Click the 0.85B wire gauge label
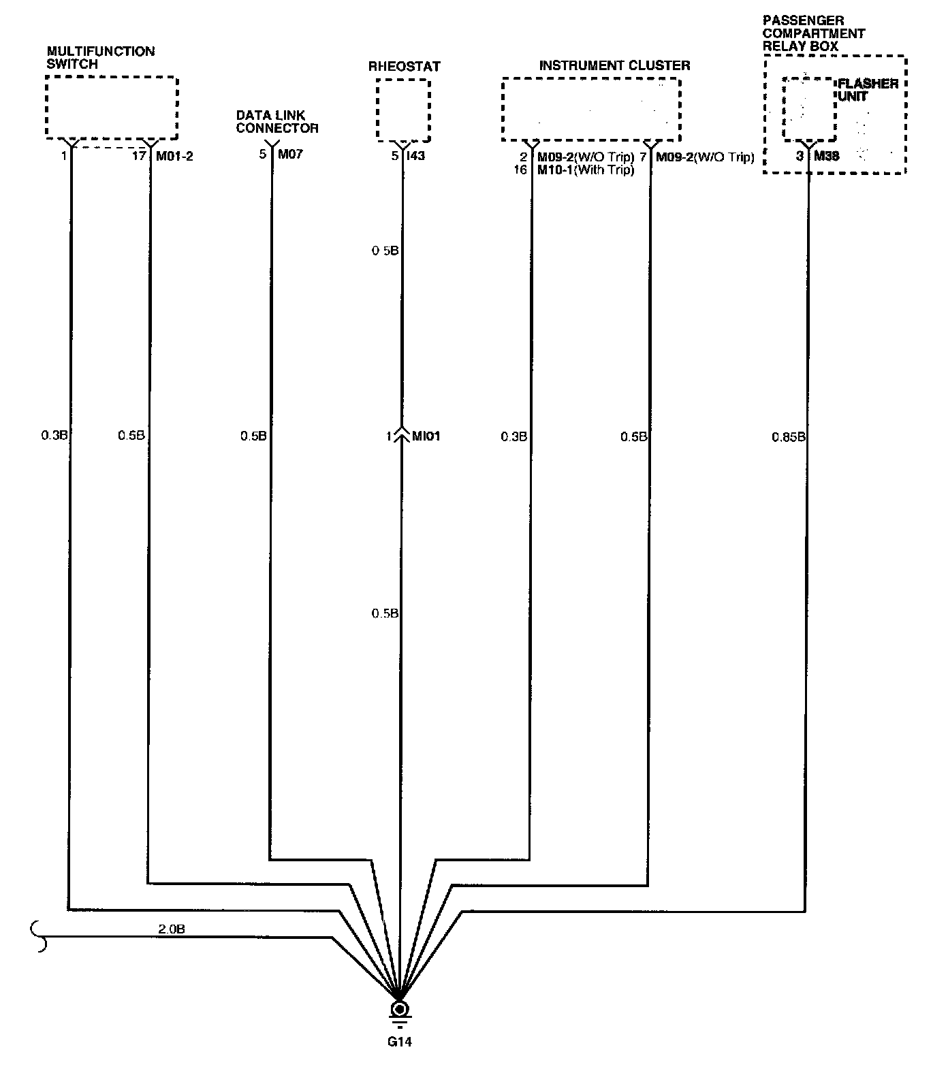click(788, 436)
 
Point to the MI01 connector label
click(426, 436)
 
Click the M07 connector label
click(290, 155)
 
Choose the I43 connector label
click(415, 156)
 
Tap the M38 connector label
click(827, 156)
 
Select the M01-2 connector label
click(174, 156)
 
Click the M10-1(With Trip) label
click(586, 170)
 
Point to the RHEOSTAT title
click(405, 66)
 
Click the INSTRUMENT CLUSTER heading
click(614, 65)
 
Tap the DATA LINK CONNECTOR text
click(277, 122)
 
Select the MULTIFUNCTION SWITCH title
click(101, 57)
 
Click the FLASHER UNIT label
click(868, 90)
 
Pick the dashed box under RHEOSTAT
click(404, 80)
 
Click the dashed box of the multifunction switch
click(112, 77)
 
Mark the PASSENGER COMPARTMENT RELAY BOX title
click(814, 33)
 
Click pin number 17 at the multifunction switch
click(138, 156)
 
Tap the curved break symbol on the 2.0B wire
click(39, 937)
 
